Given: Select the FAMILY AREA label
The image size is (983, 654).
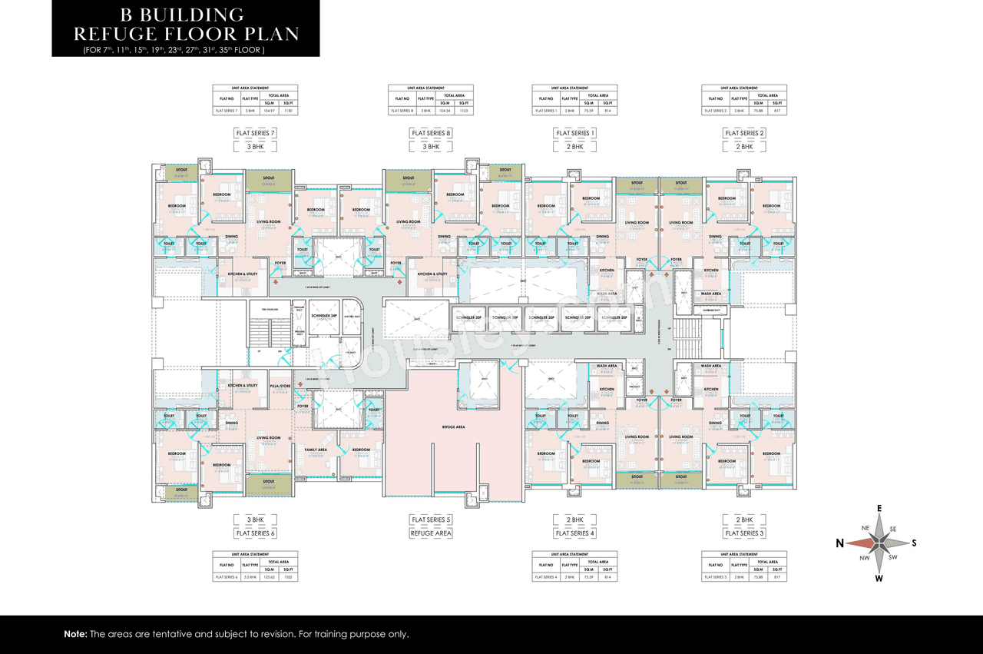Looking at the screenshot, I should (x=316, y=450).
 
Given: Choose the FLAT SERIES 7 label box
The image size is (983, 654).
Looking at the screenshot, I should (x=256, y=133).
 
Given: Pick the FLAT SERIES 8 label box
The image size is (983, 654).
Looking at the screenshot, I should (x=431, y=133).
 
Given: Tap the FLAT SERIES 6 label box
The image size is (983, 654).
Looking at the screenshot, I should (x=256, y=533).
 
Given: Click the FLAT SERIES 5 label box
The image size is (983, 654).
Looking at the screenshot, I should (x=431, y=520).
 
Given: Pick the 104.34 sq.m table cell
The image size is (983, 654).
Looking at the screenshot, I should (x=444, y=111).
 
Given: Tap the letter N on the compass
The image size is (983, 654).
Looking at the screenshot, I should (x=841, y=543).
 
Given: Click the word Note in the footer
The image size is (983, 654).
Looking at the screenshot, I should (x=75, y=635).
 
